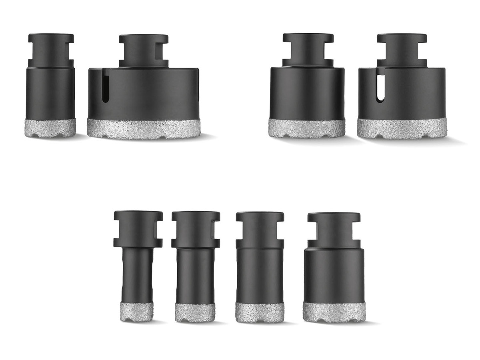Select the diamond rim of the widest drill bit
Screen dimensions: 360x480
coord(144,129)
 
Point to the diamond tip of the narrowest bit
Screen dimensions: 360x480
coord(137,311)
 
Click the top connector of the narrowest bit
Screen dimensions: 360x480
coord(138,228)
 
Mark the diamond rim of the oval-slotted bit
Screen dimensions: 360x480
coord(402,128)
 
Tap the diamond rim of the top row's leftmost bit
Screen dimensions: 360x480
coord(50,128)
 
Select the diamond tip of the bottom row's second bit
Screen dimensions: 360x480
coord(195,312)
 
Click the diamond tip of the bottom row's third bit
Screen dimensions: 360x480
coord(260,312)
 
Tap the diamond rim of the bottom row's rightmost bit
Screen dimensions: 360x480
coord(334,312)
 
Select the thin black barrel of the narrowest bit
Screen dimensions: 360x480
coord(137,276)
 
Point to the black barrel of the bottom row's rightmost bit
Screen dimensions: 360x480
coord(334,276)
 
